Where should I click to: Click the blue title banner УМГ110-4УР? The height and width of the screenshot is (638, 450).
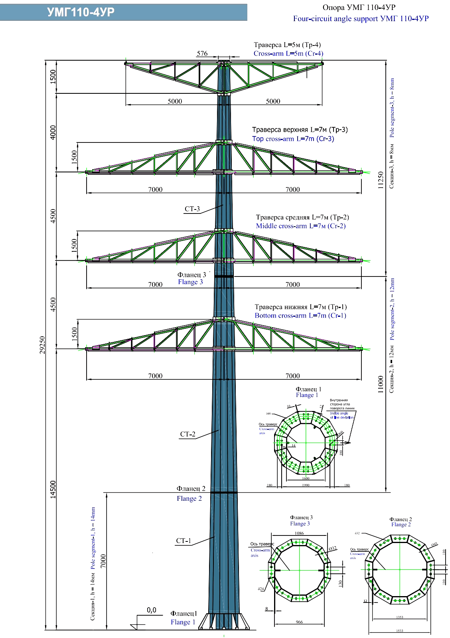tap(81, 12)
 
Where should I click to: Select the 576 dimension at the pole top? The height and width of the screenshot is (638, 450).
tap(202, 53)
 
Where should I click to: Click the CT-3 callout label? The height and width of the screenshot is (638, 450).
tap(192, 209)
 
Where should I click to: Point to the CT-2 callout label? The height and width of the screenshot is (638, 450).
tap(188, 434)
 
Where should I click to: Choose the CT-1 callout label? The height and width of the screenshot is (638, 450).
tap(184, 541)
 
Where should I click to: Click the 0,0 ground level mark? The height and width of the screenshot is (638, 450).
tap(152, 610)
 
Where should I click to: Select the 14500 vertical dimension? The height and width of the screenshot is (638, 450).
tap(53, 489)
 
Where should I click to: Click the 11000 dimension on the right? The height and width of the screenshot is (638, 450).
tap(381, 384)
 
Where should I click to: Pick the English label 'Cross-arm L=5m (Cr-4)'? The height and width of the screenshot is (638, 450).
tap(288, 53)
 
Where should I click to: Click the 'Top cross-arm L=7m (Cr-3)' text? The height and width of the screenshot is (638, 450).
tap(293, 139)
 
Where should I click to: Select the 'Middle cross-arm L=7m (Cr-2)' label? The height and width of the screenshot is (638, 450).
tap(301, 226)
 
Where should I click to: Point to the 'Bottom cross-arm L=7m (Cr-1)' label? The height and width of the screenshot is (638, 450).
tap(300, 316)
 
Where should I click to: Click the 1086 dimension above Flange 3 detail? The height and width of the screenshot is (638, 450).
tap(299, 533)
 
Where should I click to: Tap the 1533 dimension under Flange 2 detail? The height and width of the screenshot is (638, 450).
tap(400, 631)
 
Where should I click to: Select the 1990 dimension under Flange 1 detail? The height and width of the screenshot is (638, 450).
tap(306, 485)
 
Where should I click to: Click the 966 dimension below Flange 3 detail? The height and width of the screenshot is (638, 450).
tap(299, 622)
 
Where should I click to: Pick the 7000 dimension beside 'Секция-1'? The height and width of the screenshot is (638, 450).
tap(103, 561)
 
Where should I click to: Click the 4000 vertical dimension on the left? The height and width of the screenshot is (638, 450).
tap(53, 132)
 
